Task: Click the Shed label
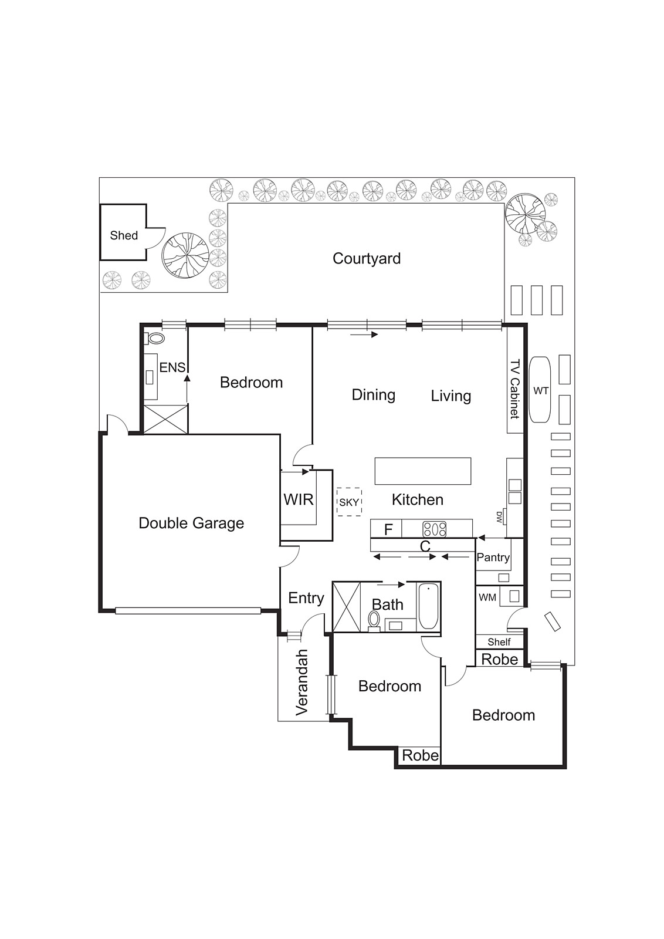124,235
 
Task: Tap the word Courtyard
367,259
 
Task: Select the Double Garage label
191,523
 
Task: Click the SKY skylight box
349,502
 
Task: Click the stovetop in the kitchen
435,529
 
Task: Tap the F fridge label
388,529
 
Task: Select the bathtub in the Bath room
428,606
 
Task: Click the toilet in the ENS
154,338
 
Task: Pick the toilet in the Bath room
373,620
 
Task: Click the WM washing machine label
487,598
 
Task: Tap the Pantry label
493,558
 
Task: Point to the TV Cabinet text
514,389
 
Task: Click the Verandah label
301,682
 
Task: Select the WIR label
299,499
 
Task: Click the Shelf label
499,642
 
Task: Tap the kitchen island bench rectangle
423,471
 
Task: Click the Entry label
306,598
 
